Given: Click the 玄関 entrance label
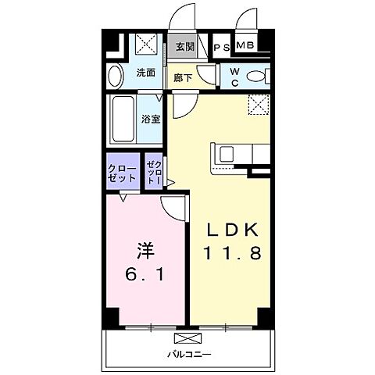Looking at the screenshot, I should tap(184, 47).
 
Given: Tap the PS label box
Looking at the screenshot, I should tap(222, 48).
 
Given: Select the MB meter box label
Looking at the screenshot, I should tap(245, 47).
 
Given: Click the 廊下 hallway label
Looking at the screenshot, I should tap(184, 77).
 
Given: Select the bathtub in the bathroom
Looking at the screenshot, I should tap(123, 119).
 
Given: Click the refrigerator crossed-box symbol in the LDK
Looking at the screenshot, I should tap(259, 104).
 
